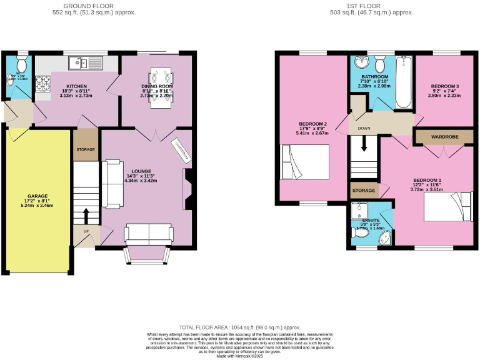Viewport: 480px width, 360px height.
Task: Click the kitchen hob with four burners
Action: point(43,83)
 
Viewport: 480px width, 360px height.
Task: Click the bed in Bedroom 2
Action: point(306,162)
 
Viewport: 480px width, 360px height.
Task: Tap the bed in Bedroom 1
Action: point(448,207)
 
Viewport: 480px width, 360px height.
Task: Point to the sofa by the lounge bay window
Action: point(149,234)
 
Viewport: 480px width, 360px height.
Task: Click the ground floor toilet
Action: point(22,64)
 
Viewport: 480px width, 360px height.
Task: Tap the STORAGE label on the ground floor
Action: point(86,150)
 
